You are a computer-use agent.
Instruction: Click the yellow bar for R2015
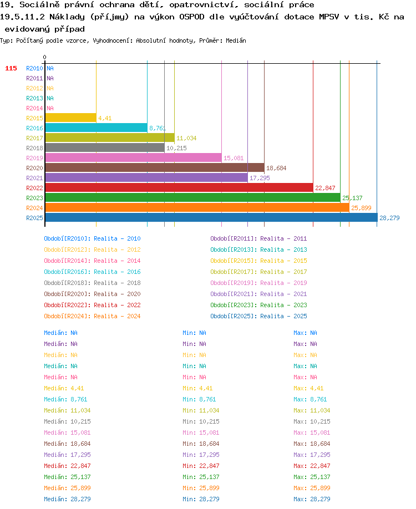(71, 118)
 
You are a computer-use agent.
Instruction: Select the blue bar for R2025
(211, 217)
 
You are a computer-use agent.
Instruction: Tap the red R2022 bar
(179, 187)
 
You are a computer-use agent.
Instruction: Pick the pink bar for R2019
(134, 158)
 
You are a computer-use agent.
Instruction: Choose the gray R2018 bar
(105, 147)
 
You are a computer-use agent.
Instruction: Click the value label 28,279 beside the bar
(389, 218)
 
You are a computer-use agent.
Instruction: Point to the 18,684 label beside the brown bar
(276, 168)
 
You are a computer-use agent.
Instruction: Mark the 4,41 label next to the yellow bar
(105, 118)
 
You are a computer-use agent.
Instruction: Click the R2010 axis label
(34, 68)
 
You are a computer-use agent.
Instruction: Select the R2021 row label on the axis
(34, 178)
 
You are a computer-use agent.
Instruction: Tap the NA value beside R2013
(50, 98)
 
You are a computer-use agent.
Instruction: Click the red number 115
(11, 68)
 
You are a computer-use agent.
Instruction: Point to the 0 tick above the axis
(44, 57)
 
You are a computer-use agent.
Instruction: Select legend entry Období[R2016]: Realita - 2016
(92, 272)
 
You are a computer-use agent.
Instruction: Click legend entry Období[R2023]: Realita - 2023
(258, 305)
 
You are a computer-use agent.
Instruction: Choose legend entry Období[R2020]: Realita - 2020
(92, 294)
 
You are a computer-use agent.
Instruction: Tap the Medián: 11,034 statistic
(67, 410)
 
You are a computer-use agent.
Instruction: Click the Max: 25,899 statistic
(312, 488)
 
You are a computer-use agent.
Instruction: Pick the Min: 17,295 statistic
(201, 455)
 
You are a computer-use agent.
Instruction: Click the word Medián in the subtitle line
(236, 40)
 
